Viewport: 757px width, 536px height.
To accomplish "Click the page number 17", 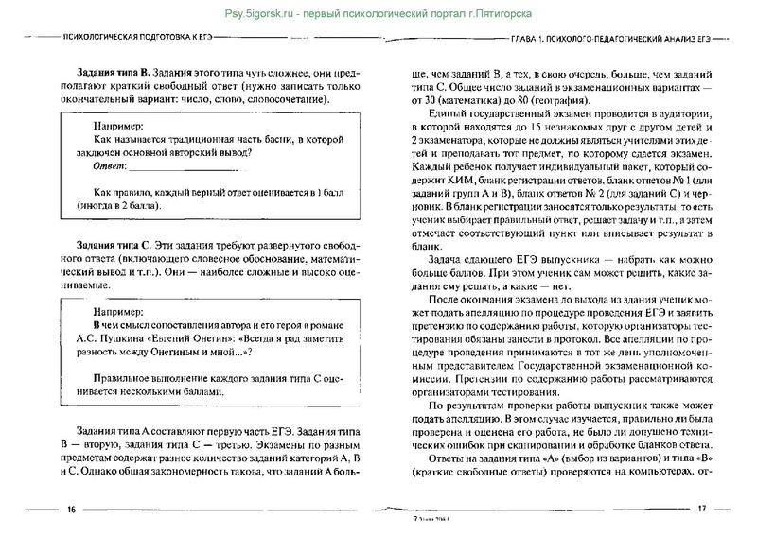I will click(702, 510).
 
